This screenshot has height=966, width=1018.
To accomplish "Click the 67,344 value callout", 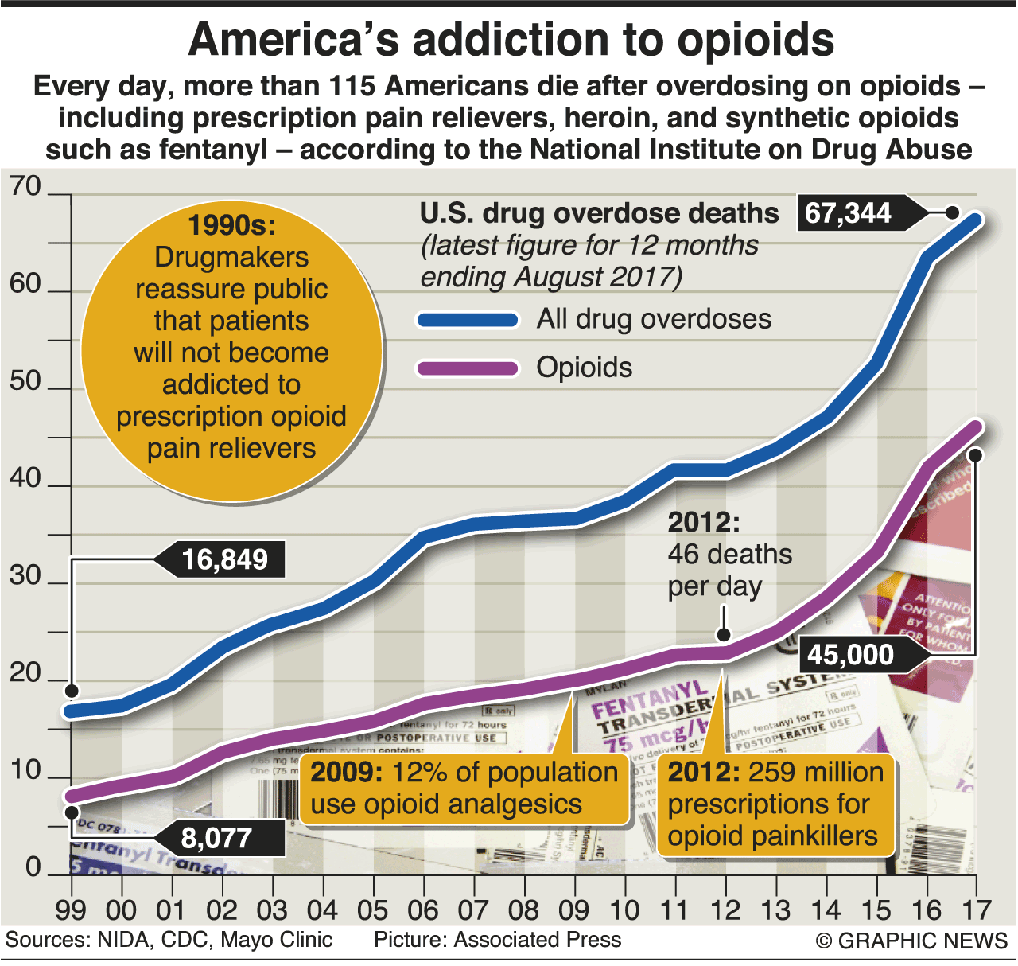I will pos(849,213).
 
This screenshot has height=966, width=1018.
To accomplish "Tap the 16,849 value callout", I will pos(224,559).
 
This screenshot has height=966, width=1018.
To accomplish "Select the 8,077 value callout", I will pos(216,838).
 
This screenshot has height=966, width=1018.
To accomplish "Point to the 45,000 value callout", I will pos(851,655).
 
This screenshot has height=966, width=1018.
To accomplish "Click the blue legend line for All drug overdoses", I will pos(468,320).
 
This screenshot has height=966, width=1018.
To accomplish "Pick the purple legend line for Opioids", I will pos(468,368).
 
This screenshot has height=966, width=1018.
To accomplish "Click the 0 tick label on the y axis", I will pos(33,867).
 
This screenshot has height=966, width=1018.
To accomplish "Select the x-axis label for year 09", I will pos(574,910).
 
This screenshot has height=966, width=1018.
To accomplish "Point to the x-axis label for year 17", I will pos(976,910).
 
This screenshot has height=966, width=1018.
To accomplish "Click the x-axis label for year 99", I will pos(71,910).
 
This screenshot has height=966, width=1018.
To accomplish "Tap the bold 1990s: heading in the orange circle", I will pos(231,226).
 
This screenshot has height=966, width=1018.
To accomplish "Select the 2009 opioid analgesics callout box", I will pos(464,788).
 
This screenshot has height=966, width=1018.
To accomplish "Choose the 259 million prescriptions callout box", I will pos(775,804).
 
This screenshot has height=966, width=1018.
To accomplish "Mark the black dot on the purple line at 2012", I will pos(724,634).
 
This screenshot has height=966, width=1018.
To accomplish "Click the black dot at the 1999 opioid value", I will pos(72,812).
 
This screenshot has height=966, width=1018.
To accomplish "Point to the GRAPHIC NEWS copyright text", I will pos(911,941).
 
